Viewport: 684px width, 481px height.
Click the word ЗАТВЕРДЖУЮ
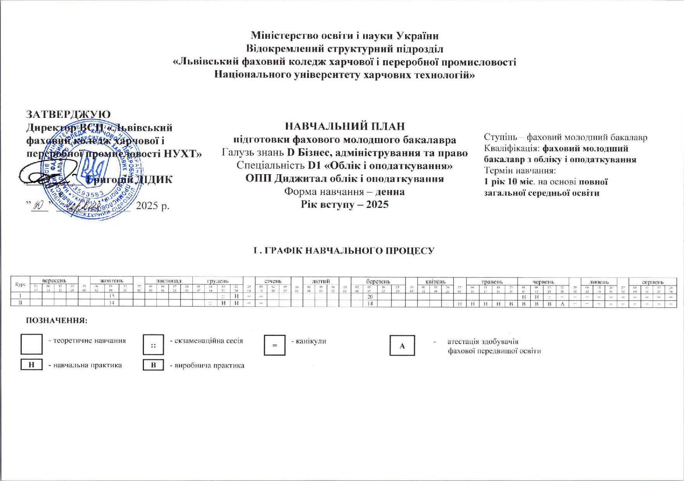point(68,114)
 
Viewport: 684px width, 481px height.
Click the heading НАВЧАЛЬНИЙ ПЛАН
point(345,126)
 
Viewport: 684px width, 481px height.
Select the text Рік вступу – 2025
point(345,204)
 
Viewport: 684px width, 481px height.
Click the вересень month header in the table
point(54,280)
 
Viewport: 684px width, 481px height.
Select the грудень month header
point(218,280)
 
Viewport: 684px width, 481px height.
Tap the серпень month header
point(653,282)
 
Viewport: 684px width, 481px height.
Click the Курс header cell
point(21,285)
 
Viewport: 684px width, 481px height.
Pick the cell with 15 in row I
point(111,296)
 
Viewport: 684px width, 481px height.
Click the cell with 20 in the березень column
point(370,296)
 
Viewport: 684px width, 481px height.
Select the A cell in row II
point(562,304)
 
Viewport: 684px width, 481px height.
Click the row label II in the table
point(21,303)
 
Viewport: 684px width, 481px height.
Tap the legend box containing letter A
point(402,346)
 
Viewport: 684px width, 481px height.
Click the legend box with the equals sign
point(274,345)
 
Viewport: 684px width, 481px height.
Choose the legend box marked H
point(31,365)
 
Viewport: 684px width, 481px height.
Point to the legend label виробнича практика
point(207,365)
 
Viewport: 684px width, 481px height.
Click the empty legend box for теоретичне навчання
point(31,344)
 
